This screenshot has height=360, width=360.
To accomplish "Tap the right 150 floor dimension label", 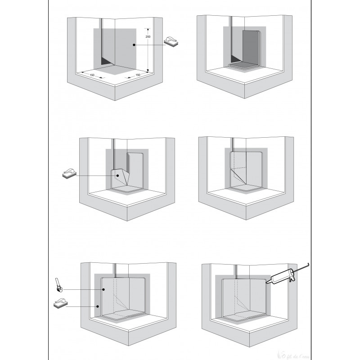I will click(138, 75).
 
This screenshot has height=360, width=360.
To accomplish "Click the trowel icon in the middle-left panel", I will click(69, 174).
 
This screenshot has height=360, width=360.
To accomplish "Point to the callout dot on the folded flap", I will click(116, 175).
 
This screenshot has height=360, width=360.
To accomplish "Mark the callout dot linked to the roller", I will click(103, 290).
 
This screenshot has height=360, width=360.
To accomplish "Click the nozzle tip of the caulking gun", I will click(266, 282).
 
